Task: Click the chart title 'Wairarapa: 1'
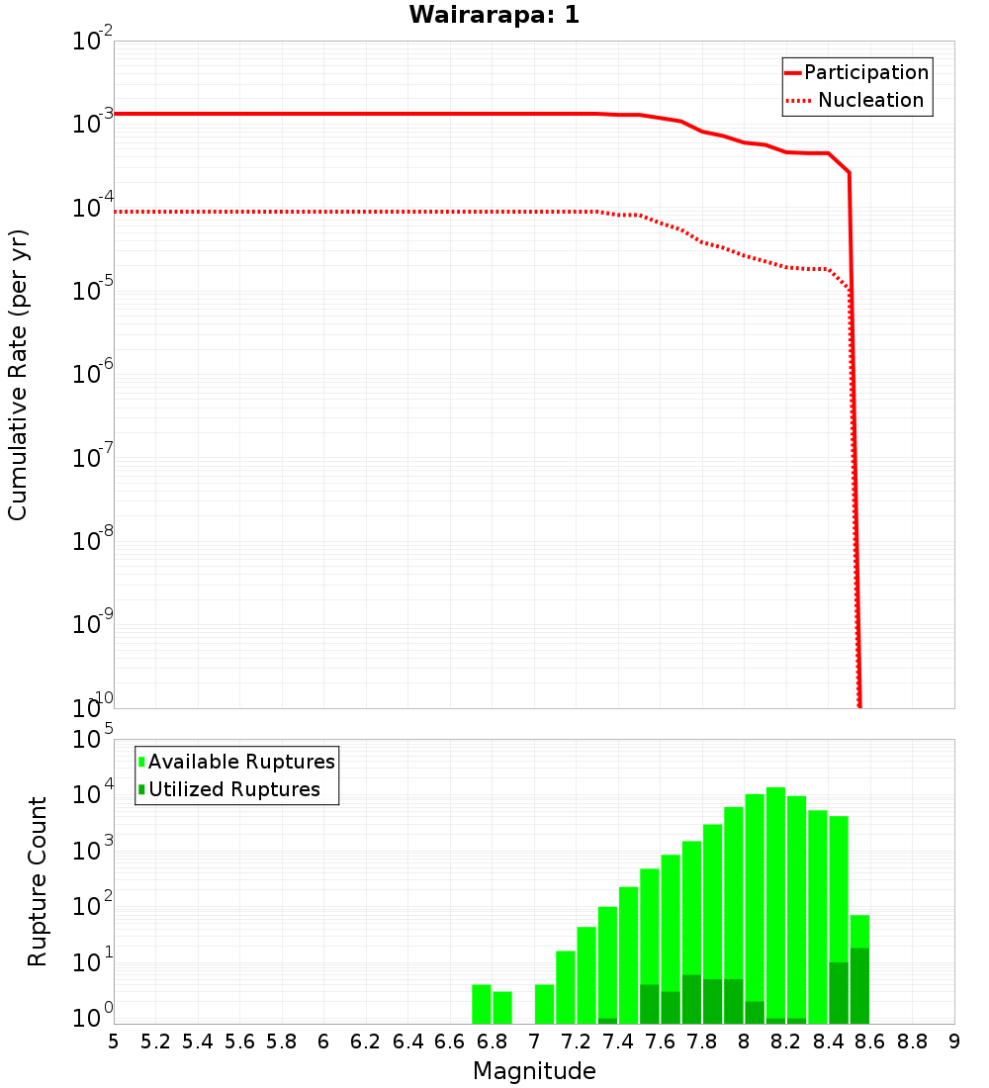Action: (x=494, y=16)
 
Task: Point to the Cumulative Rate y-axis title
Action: (x=18, y=375)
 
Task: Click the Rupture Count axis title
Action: (x=38, y=881)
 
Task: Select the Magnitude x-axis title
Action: (x=534, y=1071)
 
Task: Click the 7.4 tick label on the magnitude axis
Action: (x=618, y=1042)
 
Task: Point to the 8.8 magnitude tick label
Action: (x=912, y=1042)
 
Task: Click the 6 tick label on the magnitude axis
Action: (x=323, y=1042)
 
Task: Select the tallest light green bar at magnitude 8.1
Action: (x=775, y=890)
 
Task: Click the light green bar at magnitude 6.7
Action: (x=482, y=1004)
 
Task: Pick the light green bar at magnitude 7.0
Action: (x=544, y=1004)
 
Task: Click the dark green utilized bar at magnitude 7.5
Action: (x=649, y=1004)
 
